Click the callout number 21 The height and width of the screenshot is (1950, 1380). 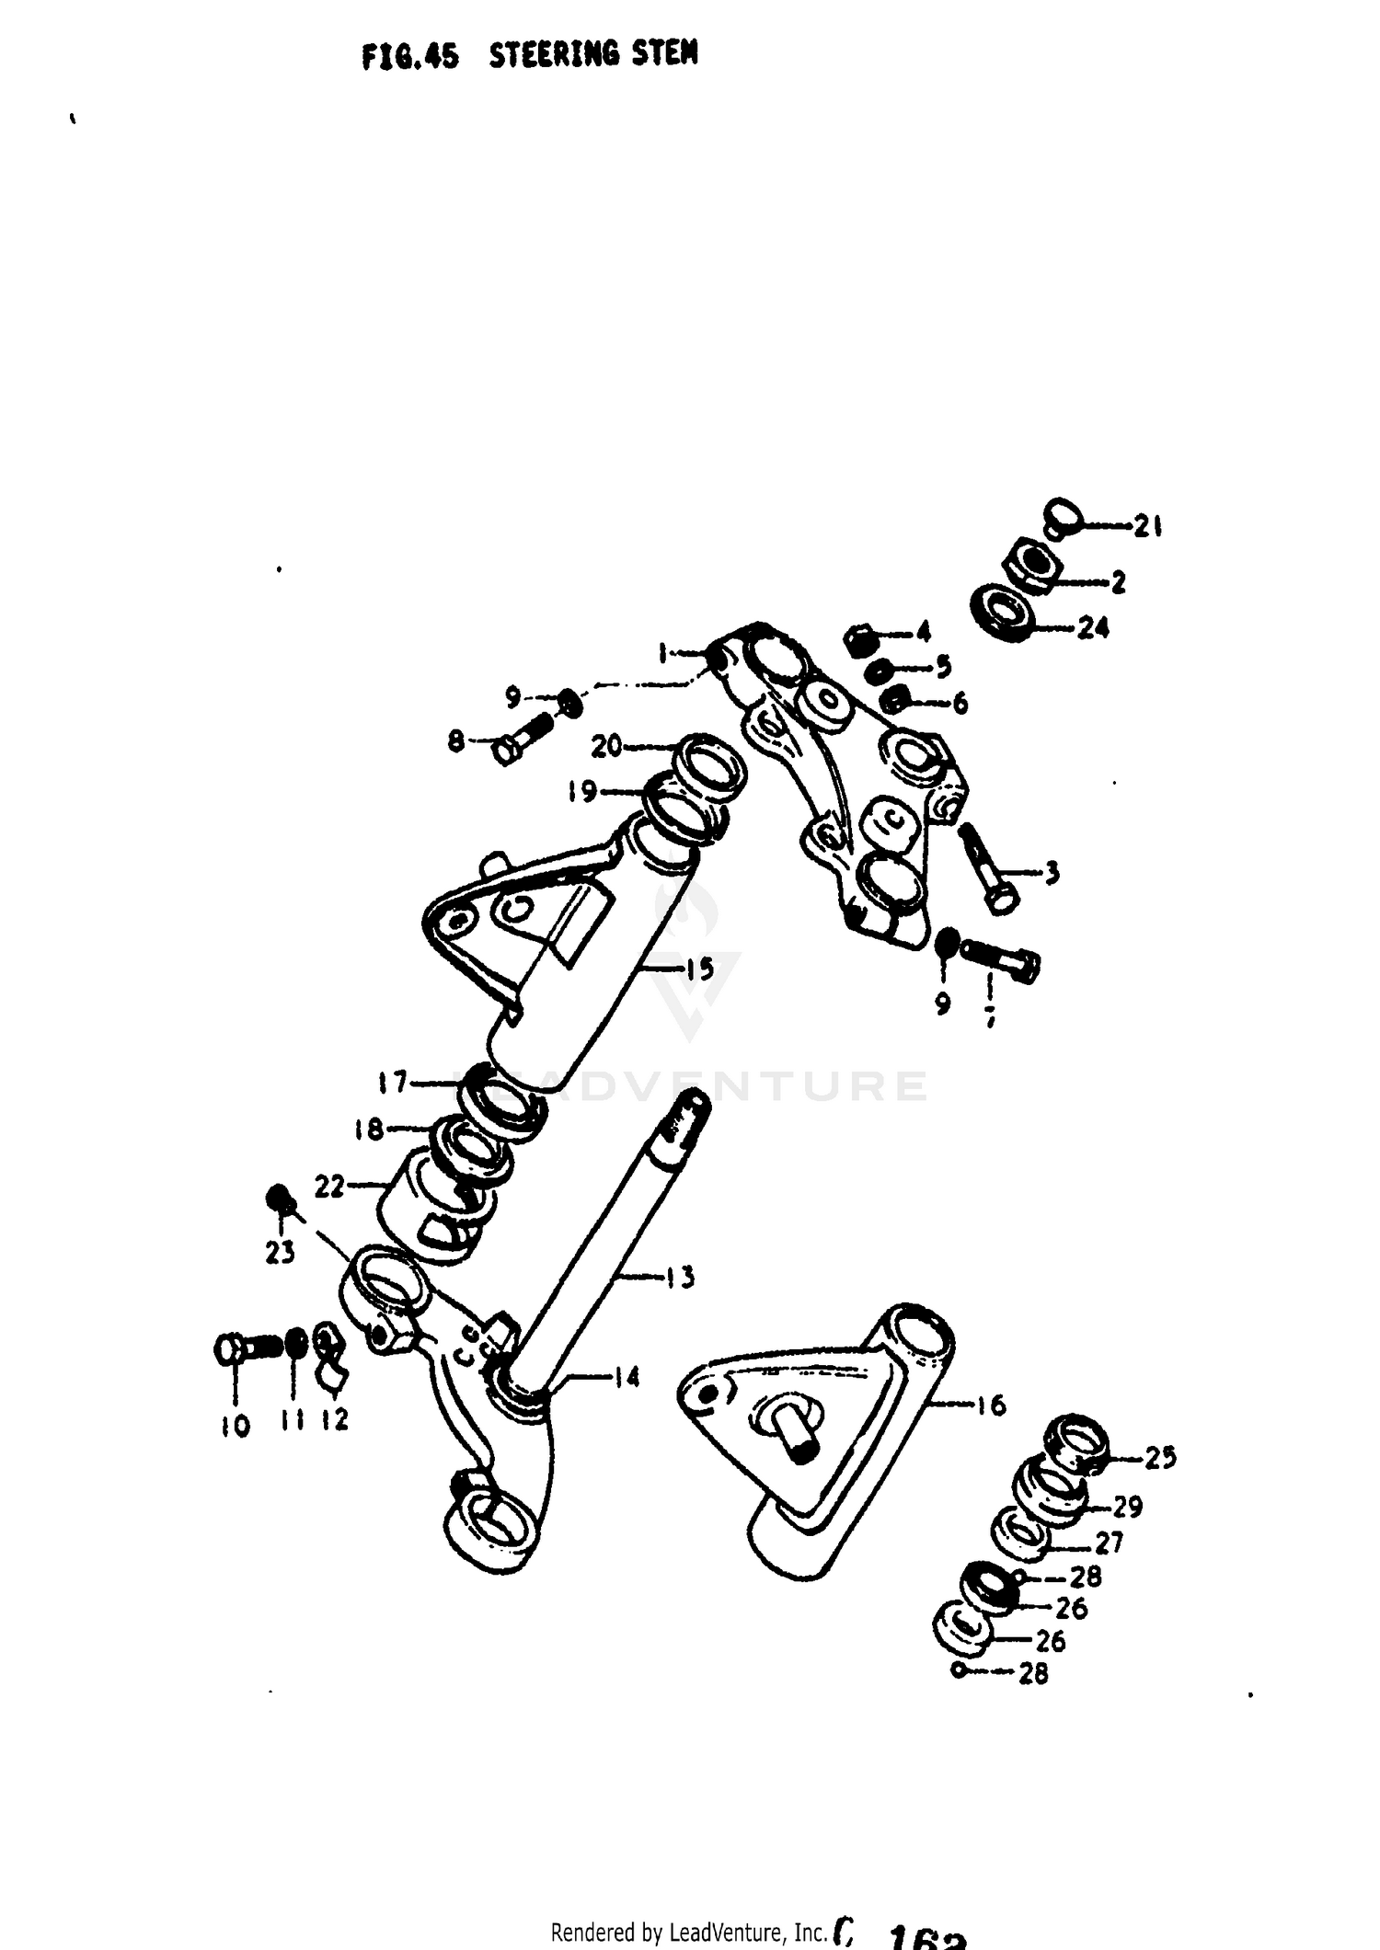(1146, 527)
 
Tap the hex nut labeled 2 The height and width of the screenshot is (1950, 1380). (1032, 564)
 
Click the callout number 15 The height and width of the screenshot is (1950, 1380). (700, 969)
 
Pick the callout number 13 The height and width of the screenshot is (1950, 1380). (680, 1277)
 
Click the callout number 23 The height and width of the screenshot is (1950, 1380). (280, 1252)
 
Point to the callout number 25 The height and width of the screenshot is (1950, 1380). (1160, 1458)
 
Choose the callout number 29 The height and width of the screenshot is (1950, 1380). (1127, 1506)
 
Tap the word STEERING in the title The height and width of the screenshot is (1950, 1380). (555, 55)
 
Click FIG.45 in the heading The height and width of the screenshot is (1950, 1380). (409, 57)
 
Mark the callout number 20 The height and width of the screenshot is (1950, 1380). (607, 746)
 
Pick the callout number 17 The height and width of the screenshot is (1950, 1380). (393, 1083)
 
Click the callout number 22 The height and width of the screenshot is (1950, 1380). (328, 1187)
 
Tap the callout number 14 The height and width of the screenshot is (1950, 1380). (626, 1377)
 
